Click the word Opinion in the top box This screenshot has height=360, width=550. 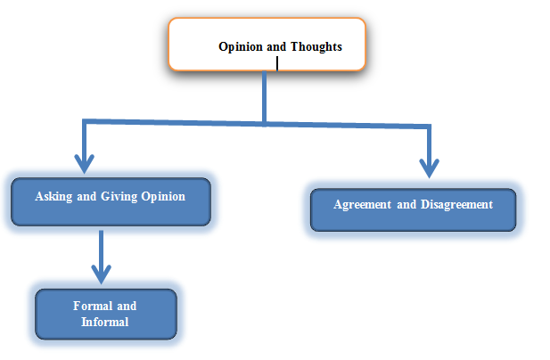(241, 47)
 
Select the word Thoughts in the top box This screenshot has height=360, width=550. (316, 46)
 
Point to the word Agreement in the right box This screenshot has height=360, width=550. (362, 205)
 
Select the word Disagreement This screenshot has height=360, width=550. (456, 205)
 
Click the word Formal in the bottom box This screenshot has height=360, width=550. (93, 306)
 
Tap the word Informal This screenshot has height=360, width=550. (105, 323)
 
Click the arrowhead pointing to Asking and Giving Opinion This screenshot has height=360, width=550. (84, 163)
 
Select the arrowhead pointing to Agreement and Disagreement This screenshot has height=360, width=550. (429, 168)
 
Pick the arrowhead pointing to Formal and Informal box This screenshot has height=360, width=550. (102, 274)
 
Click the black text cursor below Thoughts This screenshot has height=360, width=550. (277, 64)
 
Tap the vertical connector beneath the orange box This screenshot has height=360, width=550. (264, 96)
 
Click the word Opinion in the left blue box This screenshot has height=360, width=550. (163, 197)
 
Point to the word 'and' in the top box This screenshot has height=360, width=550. (276, 47)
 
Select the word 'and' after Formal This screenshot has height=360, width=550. (127, 306)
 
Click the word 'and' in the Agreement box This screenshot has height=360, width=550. (406, 205)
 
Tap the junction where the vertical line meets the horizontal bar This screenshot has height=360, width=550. (264, 123)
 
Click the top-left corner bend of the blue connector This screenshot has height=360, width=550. (84, 121)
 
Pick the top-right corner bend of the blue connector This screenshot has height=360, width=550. (429, 127)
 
